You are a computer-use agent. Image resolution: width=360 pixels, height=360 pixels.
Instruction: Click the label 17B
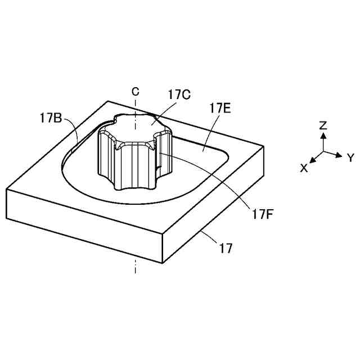[51, 118]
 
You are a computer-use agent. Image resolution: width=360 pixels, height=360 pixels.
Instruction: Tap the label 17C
[179, 94]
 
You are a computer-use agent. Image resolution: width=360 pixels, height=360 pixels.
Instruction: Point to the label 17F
[263, 214]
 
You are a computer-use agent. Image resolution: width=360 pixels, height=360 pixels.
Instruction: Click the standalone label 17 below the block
[226, 248]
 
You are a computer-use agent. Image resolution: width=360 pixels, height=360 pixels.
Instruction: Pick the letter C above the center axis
[135, 91]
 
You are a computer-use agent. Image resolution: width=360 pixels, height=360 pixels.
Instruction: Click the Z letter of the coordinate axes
[323, 125]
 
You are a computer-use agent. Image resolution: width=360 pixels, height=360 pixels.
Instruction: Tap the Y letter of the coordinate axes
[349, 158]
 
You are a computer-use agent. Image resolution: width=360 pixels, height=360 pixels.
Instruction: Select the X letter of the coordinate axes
[304, 168]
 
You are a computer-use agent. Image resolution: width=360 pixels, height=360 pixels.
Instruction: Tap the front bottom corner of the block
[163, 263]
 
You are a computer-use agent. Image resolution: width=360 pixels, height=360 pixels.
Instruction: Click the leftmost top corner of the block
[7, 189]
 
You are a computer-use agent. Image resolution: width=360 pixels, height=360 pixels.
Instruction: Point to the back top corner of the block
[108, 101]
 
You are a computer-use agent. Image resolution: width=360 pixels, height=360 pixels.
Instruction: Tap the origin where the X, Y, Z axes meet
[323, 151]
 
